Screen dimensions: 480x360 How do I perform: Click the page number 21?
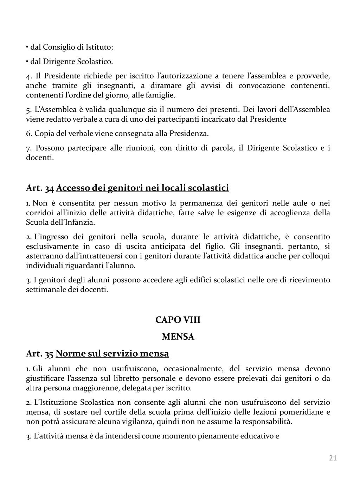(333, 458)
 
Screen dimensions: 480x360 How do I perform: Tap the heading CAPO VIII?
(178, 320)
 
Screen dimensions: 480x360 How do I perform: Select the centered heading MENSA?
(178, 337)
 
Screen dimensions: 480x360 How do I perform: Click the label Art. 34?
(40, 188)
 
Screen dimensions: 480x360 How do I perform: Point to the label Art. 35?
(40, 353)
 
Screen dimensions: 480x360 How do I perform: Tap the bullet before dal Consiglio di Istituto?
(27, 47)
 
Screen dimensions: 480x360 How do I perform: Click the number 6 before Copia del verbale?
(28, 134)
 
